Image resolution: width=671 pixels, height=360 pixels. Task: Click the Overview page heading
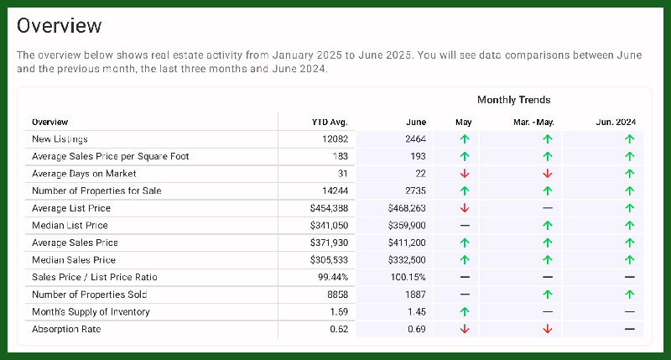(x=60, y=26)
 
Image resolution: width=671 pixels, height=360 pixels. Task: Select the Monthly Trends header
(x=513, y=100)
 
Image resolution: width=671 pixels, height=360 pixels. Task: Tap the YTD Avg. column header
(x=330, y=122)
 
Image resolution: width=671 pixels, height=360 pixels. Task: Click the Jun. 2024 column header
(x=616, y=122)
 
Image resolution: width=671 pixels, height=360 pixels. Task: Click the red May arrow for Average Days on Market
(x=465, y=174)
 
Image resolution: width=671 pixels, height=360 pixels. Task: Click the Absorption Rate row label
(x=66, y=329)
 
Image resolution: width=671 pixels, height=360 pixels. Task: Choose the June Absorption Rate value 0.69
(x=417, y=329)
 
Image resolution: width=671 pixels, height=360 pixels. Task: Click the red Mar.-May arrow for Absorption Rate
(x=548, y=329)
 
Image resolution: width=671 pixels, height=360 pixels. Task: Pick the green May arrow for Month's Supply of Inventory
(x=465, y=312)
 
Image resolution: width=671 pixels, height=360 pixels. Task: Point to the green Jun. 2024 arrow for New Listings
(x=629, y=138)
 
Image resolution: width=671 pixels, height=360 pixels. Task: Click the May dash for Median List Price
(x=465, y=226)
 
